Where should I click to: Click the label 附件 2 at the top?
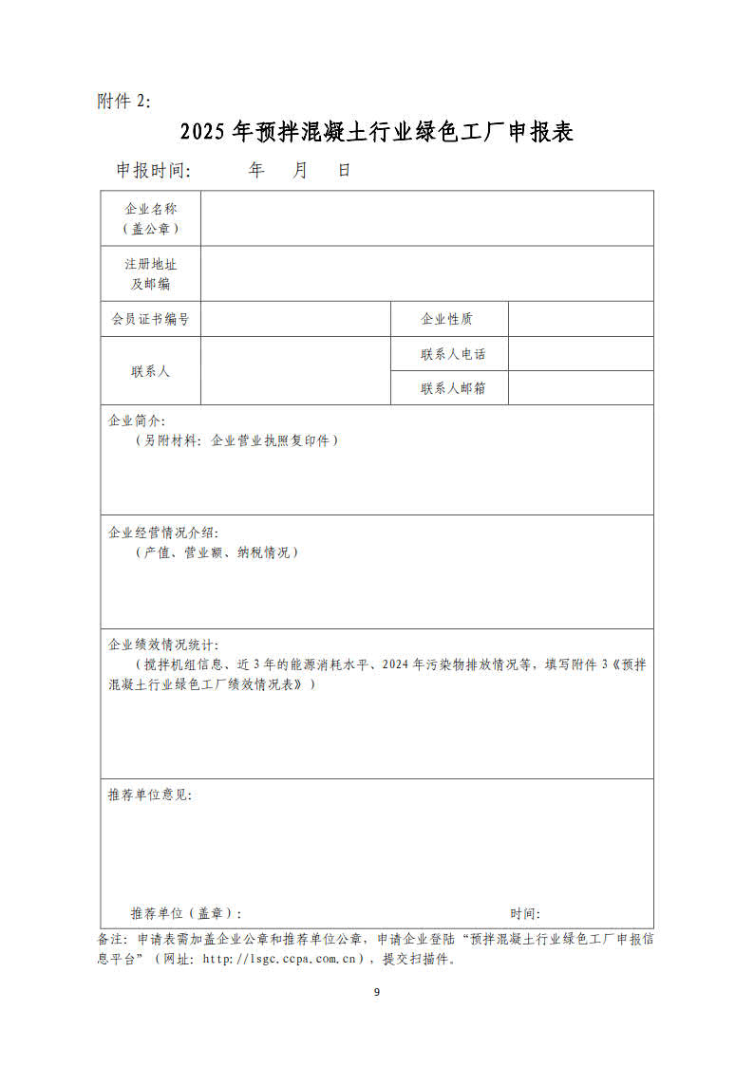pyautogui.click(x=123, y=101)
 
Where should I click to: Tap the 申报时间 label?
pyautogui.click(x=153, y=171)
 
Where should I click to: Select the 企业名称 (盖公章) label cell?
pyautogui.click(x=150, y=218)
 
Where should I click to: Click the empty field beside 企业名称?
pyautogui.click(x=426, y=218)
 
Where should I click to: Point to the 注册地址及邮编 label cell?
pyautogui.click(x=150, y=273)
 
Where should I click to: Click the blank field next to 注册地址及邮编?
pyautogui.click(x=426, y=273)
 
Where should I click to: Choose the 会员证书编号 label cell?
pyautogui.click(x=150, y=319)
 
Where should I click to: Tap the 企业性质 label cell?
pyautogui.click(x=448, y=319)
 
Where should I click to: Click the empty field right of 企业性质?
pyautogui.click(x=580, y=319)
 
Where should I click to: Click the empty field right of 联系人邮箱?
pyautogui.click(x=580, y=388)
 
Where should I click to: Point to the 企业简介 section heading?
pyautogui.click(x=137, y=420)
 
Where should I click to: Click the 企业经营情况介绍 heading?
pyautogui.click(x=163, y=533)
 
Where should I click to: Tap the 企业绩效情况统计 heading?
pyautogui.click(x=163, y=645)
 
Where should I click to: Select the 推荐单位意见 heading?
pyautogui.click(x=150, y=795)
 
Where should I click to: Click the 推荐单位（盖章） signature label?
pyautogui.click(x=185, y=913)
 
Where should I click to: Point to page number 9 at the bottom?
pyautogui.click(x=377, y=992)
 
